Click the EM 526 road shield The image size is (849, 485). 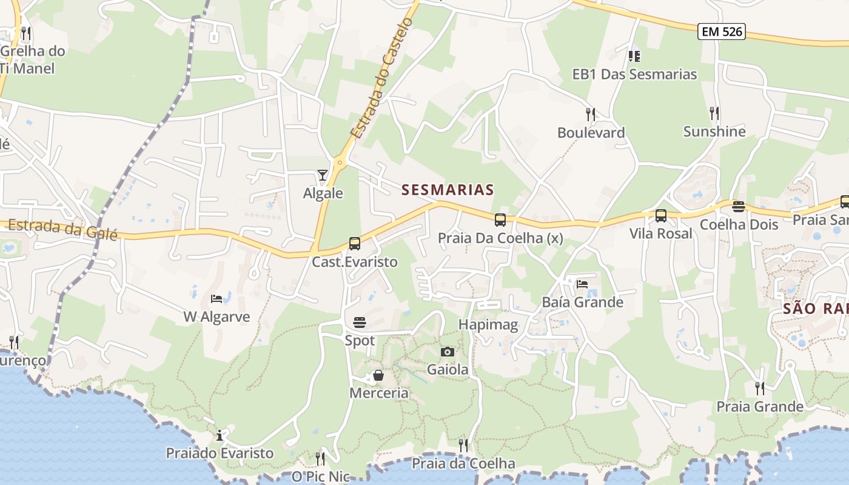coord(721,32)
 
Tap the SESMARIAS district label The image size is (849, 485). coord(448,190)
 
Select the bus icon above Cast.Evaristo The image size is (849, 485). coord(355,244)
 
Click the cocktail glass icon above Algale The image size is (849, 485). coord(323,175)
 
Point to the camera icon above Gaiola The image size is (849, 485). coord(448,352)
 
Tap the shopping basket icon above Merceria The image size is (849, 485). coord(378,376)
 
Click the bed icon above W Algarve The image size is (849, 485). coord(216,298)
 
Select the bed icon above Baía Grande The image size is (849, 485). coord(582,284)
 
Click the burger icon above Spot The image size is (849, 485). coord(360,322)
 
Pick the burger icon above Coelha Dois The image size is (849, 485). coord(738,206)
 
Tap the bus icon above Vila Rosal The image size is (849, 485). coord(661,215)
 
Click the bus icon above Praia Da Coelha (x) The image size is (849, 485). coord(500,220)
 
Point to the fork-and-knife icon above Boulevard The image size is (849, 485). coord(591,114)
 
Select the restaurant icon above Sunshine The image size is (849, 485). coord(714,113)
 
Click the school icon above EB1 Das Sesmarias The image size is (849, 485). coord(634,56)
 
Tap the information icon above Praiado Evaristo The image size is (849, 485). coord(220,435)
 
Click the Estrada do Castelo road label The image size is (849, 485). coord(382,78)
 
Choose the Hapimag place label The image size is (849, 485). coord(488,324)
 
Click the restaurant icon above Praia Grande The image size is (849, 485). coord(759,388)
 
